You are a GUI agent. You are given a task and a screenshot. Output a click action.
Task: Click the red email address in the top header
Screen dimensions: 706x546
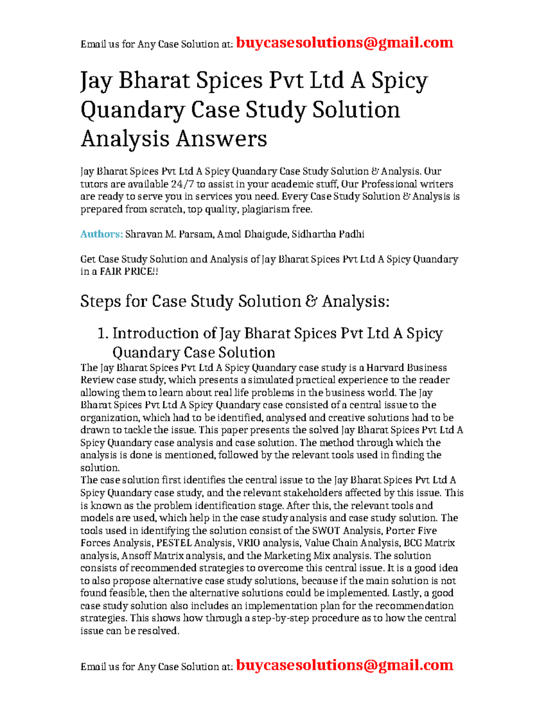pos(344,43)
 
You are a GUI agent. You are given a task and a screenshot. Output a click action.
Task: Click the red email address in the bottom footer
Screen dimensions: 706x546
pos(344,665)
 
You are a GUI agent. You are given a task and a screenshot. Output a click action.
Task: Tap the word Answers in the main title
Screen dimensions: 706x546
pos(221,139)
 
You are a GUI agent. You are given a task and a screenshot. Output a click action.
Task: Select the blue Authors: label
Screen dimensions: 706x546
pos(101,234)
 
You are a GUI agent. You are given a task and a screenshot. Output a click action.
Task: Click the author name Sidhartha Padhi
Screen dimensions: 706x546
pos(328,234)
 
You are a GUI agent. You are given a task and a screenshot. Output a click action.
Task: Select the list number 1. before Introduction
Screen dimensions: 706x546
pos(103,334)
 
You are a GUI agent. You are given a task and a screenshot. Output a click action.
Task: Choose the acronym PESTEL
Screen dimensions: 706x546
pos(174,543)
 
